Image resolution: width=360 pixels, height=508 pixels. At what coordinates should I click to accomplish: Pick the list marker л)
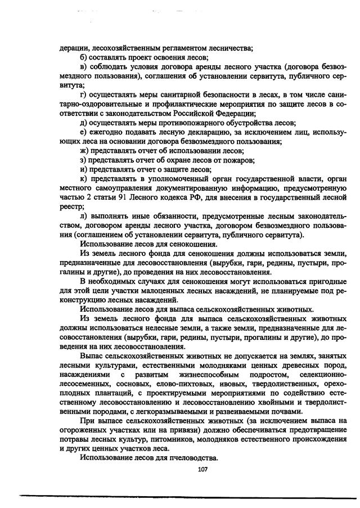84,217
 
